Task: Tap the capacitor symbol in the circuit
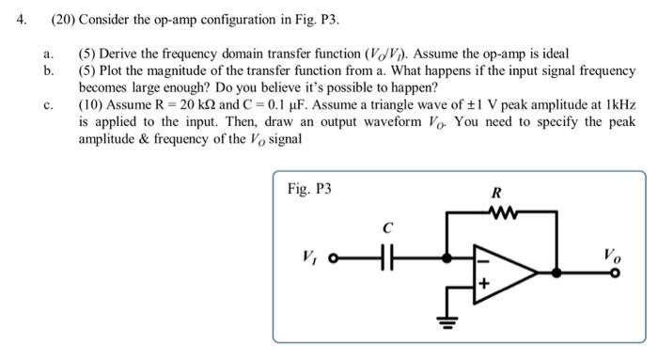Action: [384, 255]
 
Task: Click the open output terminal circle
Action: [616, 273]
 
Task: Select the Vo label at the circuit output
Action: [614, 252]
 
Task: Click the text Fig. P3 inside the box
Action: [309, 188]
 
